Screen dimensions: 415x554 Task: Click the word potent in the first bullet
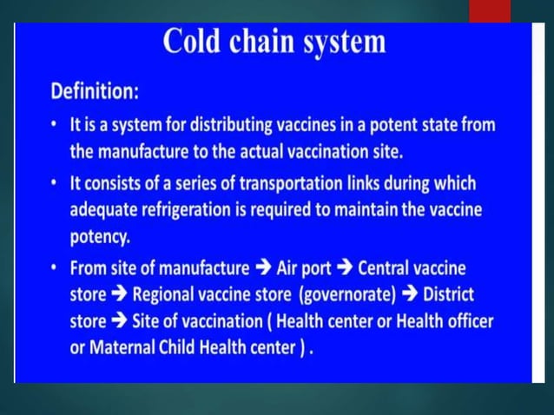tap(364, 124)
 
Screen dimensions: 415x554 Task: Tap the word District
tap(454, 294)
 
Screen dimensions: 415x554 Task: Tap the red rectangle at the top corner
tap(490, 10)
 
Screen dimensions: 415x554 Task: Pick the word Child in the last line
tap(182, 346)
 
